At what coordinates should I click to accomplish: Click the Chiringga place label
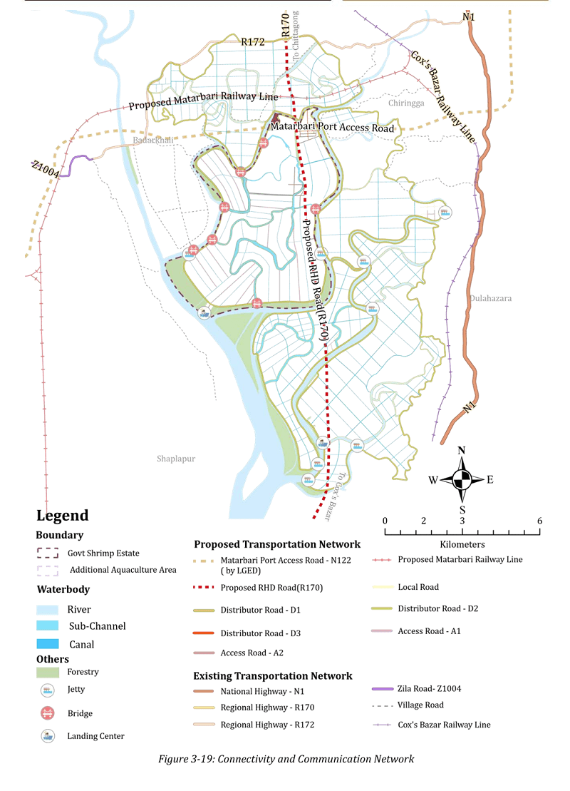[x=406, y=103]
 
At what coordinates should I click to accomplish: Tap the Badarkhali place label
[x=152, y=141]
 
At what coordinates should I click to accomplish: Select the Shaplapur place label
[x=176, y=459]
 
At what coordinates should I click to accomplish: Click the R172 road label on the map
[x=253, y=42]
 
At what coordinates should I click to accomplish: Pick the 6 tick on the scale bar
[x=540, y=521]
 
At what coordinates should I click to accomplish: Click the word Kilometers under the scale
[x=462, y=544]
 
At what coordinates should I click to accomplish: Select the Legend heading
[x=63, y=516]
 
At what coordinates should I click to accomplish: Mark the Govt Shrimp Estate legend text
[x=103, y=553]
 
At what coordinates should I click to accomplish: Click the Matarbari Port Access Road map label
[x=331, y=128]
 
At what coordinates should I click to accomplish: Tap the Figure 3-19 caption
[x=285, y=759]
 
